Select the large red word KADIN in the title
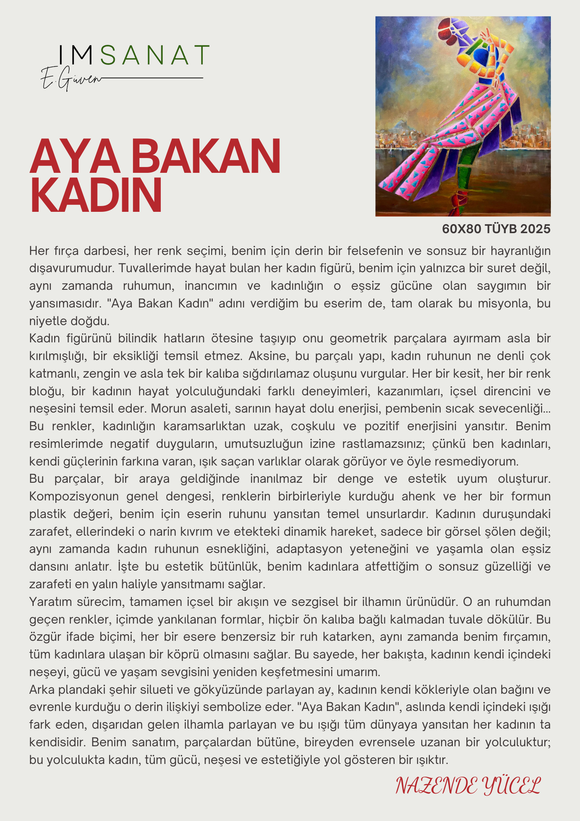(96, 195)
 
